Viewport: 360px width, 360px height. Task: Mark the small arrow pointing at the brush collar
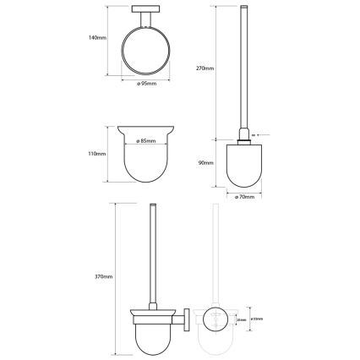click(259, 134)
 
